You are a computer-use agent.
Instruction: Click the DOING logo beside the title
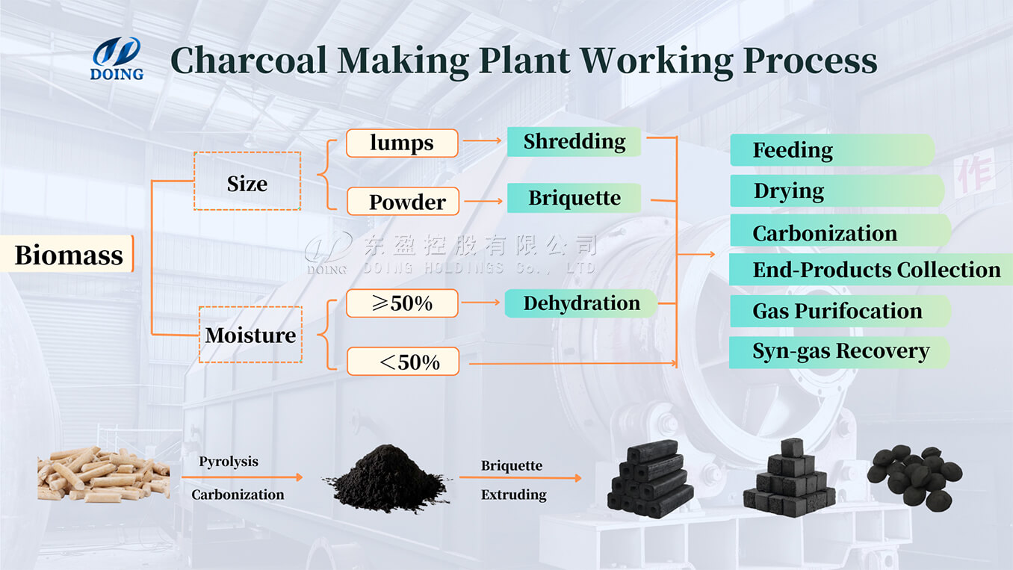(117, 58)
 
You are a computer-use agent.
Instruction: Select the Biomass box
(69, 255)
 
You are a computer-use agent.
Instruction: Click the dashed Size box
(247, 182)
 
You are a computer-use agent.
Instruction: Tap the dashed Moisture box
(250, 335)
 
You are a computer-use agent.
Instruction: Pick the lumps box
(402, 143)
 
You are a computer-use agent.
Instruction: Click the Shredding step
(574, 141)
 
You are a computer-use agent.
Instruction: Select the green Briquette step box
(574, 198)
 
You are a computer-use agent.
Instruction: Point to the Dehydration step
(580, 303)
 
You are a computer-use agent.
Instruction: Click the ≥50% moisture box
(402, 303)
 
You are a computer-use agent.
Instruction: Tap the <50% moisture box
(402, 362)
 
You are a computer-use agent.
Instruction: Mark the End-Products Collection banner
(871, 270)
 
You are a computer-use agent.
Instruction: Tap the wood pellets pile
(103, 473)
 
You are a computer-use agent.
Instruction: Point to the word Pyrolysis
(229, 462)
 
